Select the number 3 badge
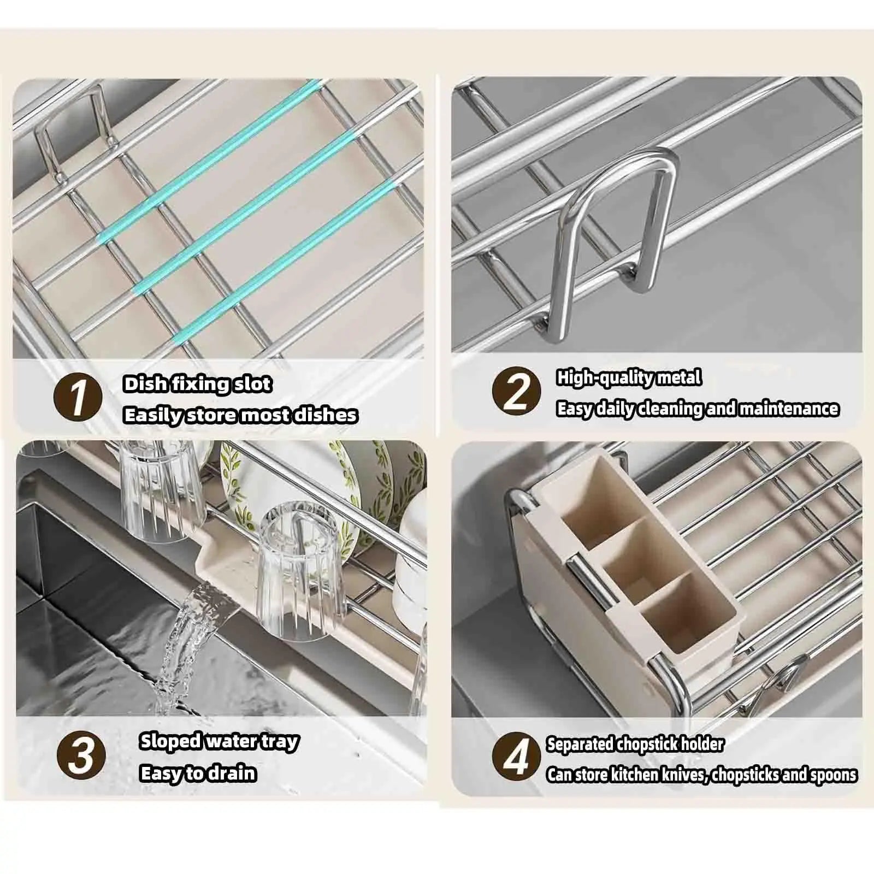[x=81, y=756]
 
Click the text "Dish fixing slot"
[x=197, y=384]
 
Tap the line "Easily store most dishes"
[x=240, y=415]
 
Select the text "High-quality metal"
[x=629, y=377]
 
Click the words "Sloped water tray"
[x=219, y=741]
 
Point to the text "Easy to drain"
[x=198, y=773]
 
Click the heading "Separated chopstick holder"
[x=635, y=744]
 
